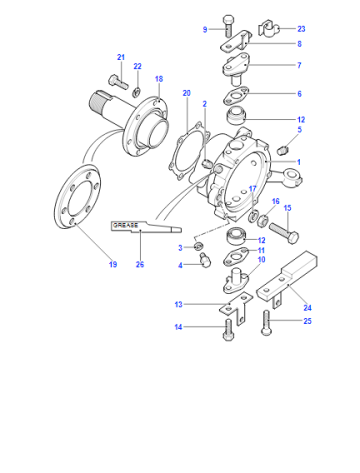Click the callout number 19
click(113, 264)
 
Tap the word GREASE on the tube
click(125, 225)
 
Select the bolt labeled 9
click(227, 26)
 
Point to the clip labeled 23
click(268, 29)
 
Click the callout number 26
click(140, 264)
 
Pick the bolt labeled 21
click(118, 81)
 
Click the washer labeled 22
click(136, 92)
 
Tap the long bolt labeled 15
click(284, 232)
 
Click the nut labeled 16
click(263, 220)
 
